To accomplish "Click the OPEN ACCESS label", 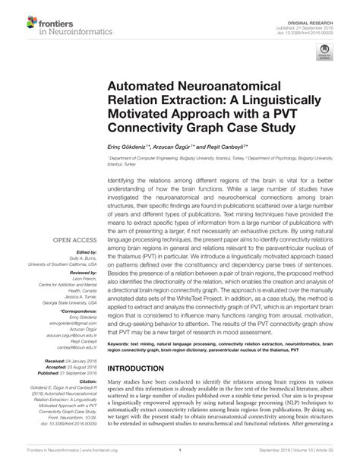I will click(x=77, y=242).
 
